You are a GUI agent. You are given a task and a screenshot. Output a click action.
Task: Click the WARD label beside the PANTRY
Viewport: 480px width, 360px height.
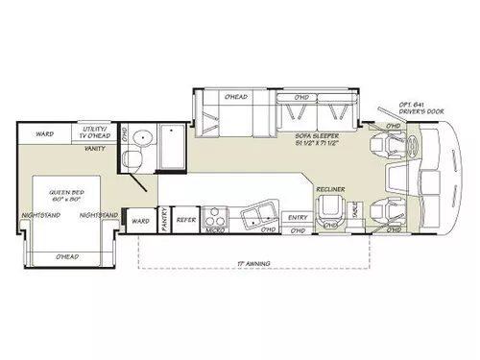140,222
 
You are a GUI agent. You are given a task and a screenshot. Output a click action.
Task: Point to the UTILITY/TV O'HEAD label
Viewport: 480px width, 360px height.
99,132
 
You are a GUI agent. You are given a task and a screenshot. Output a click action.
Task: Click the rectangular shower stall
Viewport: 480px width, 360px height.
172,144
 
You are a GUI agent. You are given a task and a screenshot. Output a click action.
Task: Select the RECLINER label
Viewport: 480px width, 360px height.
332,189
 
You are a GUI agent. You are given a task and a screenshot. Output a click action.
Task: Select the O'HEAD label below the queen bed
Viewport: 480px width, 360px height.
67,256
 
